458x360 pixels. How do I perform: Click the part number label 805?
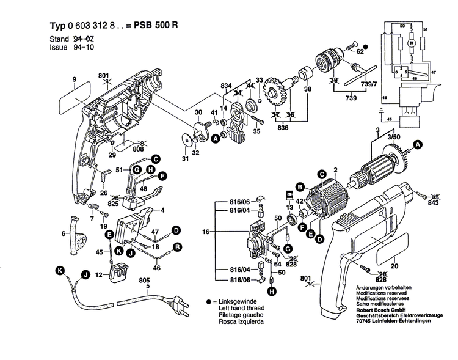coord(145,281)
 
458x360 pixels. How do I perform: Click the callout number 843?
coord(434,204)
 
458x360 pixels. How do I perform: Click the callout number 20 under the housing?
coord(394,266)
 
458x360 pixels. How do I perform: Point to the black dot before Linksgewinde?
coord(208,303)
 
